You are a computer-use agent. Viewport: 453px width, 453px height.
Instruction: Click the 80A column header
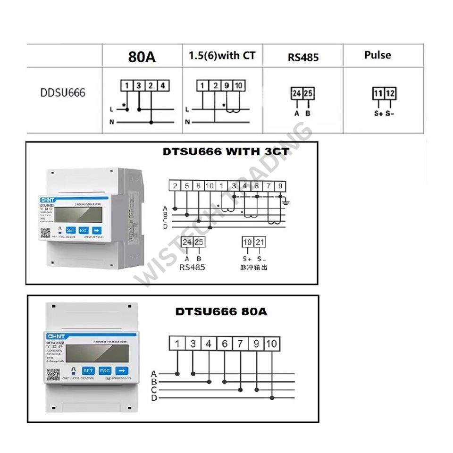pos(142,57)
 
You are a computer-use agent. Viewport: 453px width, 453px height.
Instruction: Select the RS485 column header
pos(303,57)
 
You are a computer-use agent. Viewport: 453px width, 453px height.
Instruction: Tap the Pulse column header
pos(377,55)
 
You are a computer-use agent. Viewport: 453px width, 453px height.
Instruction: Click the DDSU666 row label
pos(63,92)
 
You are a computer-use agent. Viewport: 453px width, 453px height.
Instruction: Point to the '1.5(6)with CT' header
pos(222,56)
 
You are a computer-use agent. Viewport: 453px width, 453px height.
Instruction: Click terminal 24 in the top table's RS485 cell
pos(296,93)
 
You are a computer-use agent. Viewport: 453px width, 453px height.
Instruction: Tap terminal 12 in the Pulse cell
pos(390,93)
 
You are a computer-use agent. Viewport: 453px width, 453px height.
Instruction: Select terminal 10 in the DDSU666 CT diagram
pos(239,86)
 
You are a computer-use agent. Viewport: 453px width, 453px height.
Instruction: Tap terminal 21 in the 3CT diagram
pos(260,243)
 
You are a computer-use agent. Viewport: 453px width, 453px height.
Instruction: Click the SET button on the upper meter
pos(71,230)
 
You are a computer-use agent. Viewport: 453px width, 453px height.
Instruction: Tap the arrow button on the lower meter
pos(122,370)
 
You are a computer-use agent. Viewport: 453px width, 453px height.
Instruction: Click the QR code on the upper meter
pos(46,233)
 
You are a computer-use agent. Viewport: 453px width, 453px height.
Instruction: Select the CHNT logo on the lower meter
pos(55,336)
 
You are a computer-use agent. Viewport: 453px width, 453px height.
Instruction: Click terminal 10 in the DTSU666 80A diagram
pos(271,344)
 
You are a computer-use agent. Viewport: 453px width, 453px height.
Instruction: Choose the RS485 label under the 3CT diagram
pos(193,267)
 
